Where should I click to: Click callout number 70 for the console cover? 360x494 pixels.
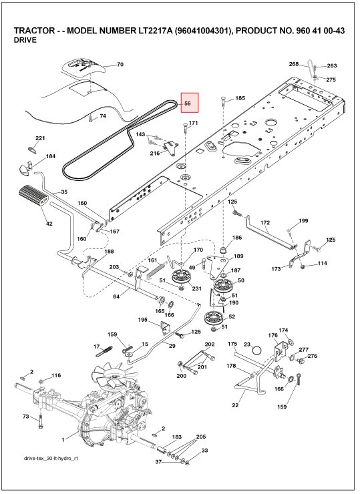120,65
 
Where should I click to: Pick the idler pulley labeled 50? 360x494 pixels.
223,286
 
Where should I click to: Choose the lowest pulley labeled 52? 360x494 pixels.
214,318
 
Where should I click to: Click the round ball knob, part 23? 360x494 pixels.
257,350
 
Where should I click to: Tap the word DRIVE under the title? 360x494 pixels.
25,40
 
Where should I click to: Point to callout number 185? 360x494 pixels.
240,98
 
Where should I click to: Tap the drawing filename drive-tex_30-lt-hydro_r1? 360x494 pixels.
51,458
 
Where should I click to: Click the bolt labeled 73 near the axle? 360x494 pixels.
40,421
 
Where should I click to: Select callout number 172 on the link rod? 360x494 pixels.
265,222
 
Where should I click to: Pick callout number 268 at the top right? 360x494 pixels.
293,64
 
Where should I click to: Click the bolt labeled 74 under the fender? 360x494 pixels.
90,118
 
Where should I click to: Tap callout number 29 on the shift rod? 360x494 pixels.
172,346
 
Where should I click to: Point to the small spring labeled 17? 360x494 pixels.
104,351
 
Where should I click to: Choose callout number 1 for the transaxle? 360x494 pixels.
63,439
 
